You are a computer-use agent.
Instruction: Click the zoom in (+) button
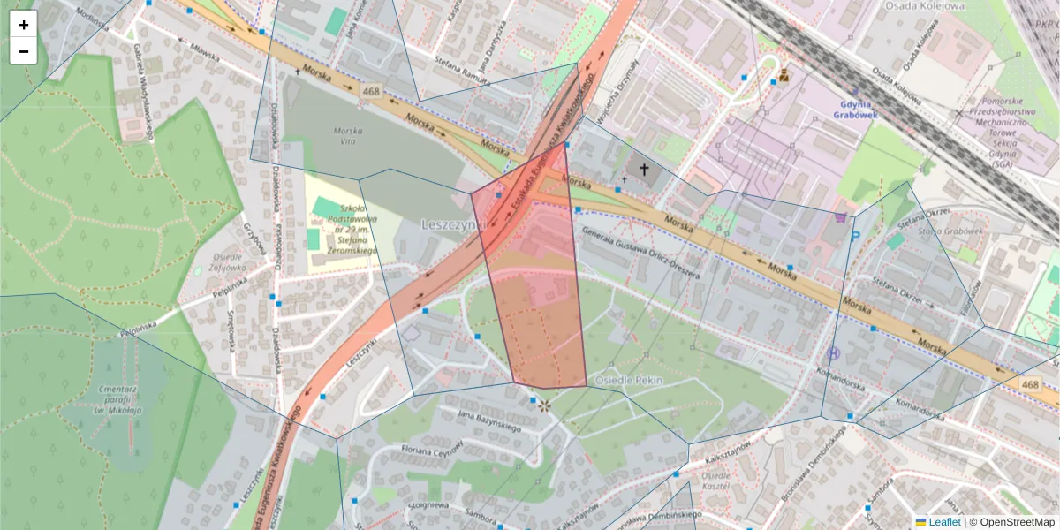24,25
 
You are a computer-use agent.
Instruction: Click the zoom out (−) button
24,51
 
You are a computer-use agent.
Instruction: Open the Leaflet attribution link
943,522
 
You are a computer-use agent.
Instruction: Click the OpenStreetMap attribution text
1011,522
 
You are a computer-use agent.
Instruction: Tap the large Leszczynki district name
455,224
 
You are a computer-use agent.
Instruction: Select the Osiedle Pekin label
629,380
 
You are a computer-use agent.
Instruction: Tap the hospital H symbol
833,353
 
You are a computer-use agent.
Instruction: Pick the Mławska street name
202,54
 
